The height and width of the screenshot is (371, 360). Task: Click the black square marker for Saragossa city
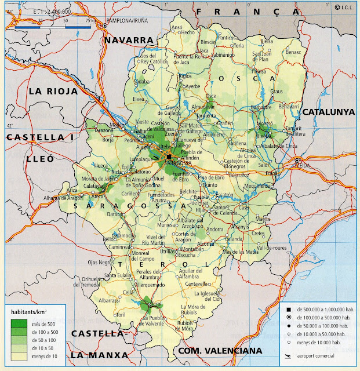coord(169,157)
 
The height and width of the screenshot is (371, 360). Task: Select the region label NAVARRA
coord(128,40)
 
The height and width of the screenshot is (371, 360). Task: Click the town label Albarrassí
coord(110,301)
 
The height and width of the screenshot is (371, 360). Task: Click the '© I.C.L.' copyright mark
coord(345,7)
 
